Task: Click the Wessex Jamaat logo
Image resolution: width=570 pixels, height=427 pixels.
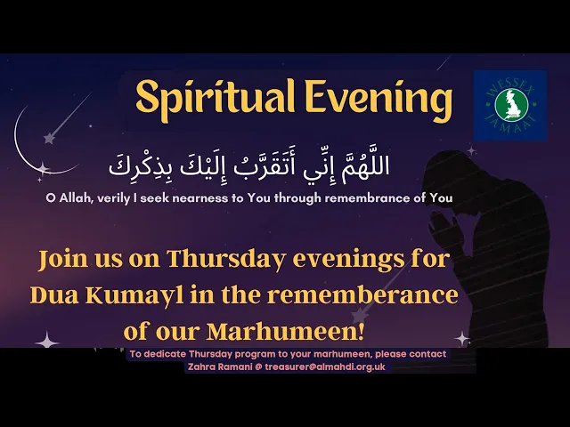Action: [x=510, y=105]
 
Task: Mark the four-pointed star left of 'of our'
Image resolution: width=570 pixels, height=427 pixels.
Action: [x=46, y=340]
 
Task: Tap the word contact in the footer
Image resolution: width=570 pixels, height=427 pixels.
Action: [x=427, y=354]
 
